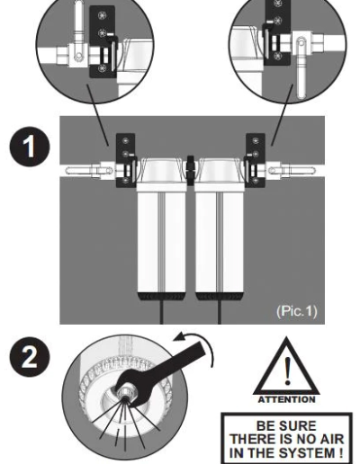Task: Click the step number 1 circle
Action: click(x=30, y=147)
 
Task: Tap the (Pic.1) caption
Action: click(x=296, y=311)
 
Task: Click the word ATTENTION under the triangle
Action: click(x=286, y=399)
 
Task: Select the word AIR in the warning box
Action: click(x=330, y=439)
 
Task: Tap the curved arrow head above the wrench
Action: click(x=181, y=337)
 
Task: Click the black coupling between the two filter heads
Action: click(x=191, y=169)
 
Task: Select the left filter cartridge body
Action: click(x=161, y=241)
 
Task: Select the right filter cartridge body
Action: click(x=219, y=241)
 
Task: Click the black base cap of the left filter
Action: click(x=162, y=297)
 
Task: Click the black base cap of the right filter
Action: click(x=220, y=297)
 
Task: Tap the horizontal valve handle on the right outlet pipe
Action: click(x=292, y=171)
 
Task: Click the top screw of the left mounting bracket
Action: click(x=126, y=140)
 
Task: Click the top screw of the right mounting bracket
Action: click(x=256, y=140)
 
